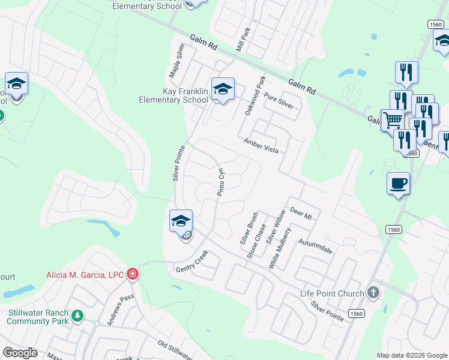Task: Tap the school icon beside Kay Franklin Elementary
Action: (223, 90)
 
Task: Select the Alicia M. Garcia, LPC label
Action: (85, 275)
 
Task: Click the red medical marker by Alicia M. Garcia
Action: (132, 275)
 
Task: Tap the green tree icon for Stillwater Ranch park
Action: (77, 316)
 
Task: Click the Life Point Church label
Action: (333, 293)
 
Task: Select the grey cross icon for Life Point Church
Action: (373, 293)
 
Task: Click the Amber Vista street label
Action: (261, 145)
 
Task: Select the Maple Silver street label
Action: (178, 60)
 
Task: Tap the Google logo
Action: (20, 353)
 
